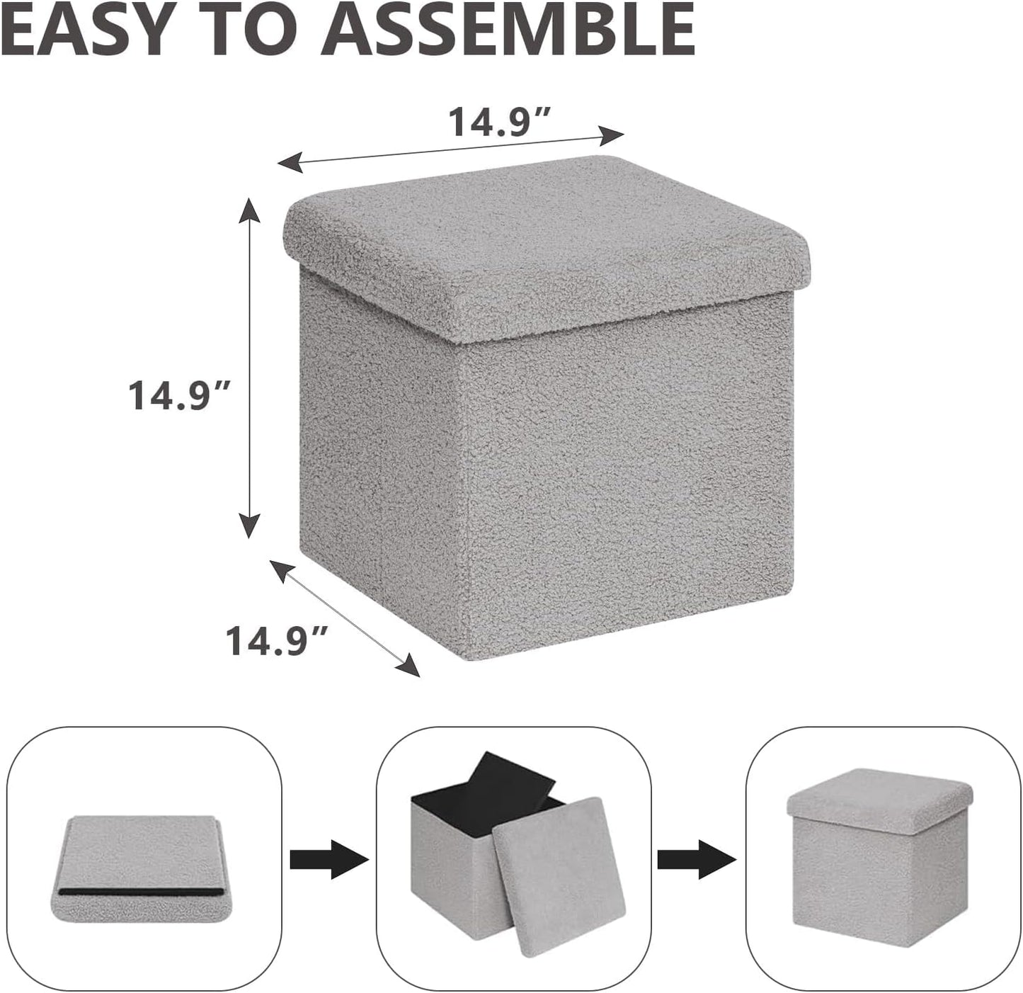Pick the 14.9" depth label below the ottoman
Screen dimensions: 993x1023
(277, 640)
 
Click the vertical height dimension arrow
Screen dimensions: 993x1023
(248, 368)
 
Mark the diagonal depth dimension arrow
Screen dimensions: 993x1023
(345, 617)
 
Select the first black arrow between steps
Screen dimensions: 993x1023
(329, 860)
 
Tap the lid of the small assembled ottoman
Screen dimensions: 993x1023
(878, 805)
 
